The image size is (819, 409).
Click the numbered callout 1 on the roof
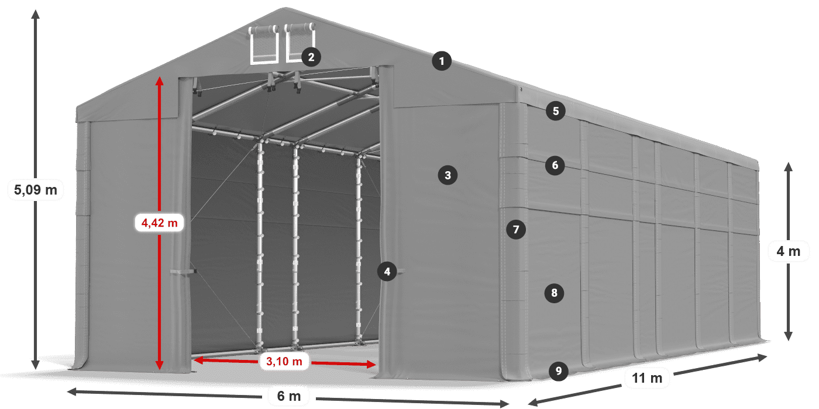[x=442, y=61]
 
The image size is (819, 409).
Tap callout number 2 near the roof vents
[x=311, y=57]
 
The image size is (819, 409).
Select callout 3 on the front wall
[x=448, y=175]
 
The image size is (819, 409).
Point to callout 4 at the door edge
[x=387, y=271]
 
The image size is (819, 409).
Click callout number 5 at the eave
[x=555, y=110]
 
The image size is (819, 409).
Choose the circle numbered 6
[x=555, y=165]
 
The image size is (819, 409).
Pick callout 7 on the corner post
[x=515, y=230]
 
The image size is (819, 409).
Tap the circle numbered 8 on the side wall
[x=554, y=292]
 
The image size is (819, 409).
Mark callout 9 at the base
[x=559, y=370]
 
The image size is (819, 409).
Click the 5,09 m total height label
[x=35, y=190]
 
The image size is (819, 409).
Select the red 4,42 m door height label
[x=159, y=223]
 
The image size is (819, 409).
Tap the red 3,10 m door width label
[x=284, y=362]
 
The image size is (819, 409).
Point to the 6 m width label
[x=288, y=397]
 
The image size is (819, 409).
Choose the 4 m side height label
[x=788, y=252]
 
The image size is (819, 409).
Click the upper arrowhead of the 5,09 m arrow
[x=36, y=13]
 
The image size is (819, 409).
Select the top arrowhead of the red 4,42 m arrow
[x=159, y=79]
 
